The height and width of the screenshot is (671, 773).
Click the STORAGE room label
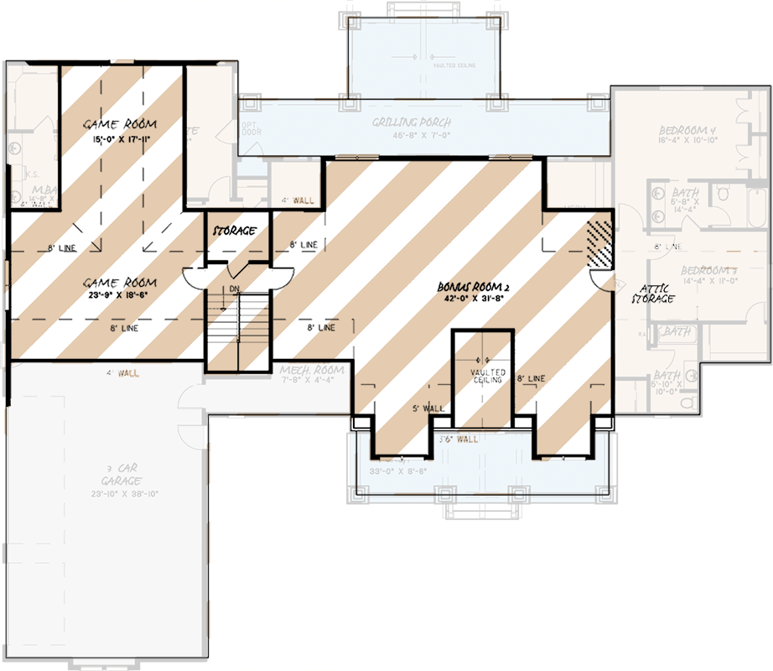[x=234, y=231]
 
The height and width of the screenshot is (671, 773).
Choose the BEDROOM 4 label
[x=687, y=131]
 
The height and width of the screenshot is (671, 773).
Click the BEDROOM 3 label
[x=708, y=270]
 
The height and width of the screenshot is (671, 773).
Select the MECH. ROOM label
[x=313, y=370]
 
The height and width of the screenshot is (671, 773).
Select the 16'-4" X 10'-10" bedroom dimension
[x=687, y=142]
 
